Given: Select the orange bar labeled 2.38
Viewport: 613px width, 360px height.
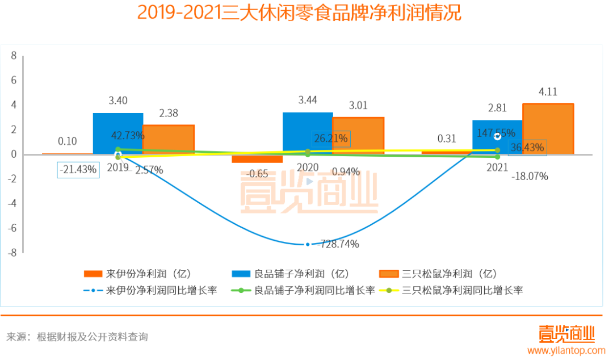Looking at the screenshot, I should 169,139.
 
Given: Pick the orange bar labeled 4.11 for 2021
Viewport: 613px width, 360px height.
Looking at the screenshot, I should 548,129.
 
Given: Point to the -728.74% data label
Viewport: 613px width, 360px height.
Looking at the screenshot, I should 338,244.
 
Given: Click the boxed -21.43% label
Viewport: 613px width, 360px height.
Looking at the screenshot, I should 78,169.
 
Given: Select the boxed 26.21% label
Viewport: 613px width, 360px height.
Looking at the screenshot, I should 331,138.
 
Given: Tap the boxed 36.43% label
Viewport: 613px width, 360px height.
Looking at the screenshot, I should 527,148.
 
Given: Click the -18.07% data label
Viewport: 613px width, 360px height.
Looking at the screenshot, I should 530,177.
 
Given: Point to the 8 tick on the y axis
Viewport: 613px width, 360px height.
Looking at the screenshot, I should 14,56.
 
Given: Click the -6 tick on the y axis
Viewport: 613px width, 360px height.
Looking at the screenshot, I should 12,228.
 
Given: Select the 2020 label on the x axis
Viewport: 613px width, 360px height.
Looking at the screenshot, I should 307,168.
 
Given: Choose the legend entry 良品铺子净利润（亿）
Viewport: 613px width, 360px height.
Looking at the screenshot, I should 291,273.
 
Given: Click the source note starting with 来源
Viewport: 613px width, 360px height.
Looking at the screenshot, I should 77,337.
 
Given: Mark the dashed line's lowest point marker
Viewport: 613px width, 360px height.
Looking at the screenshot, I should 308,244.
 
